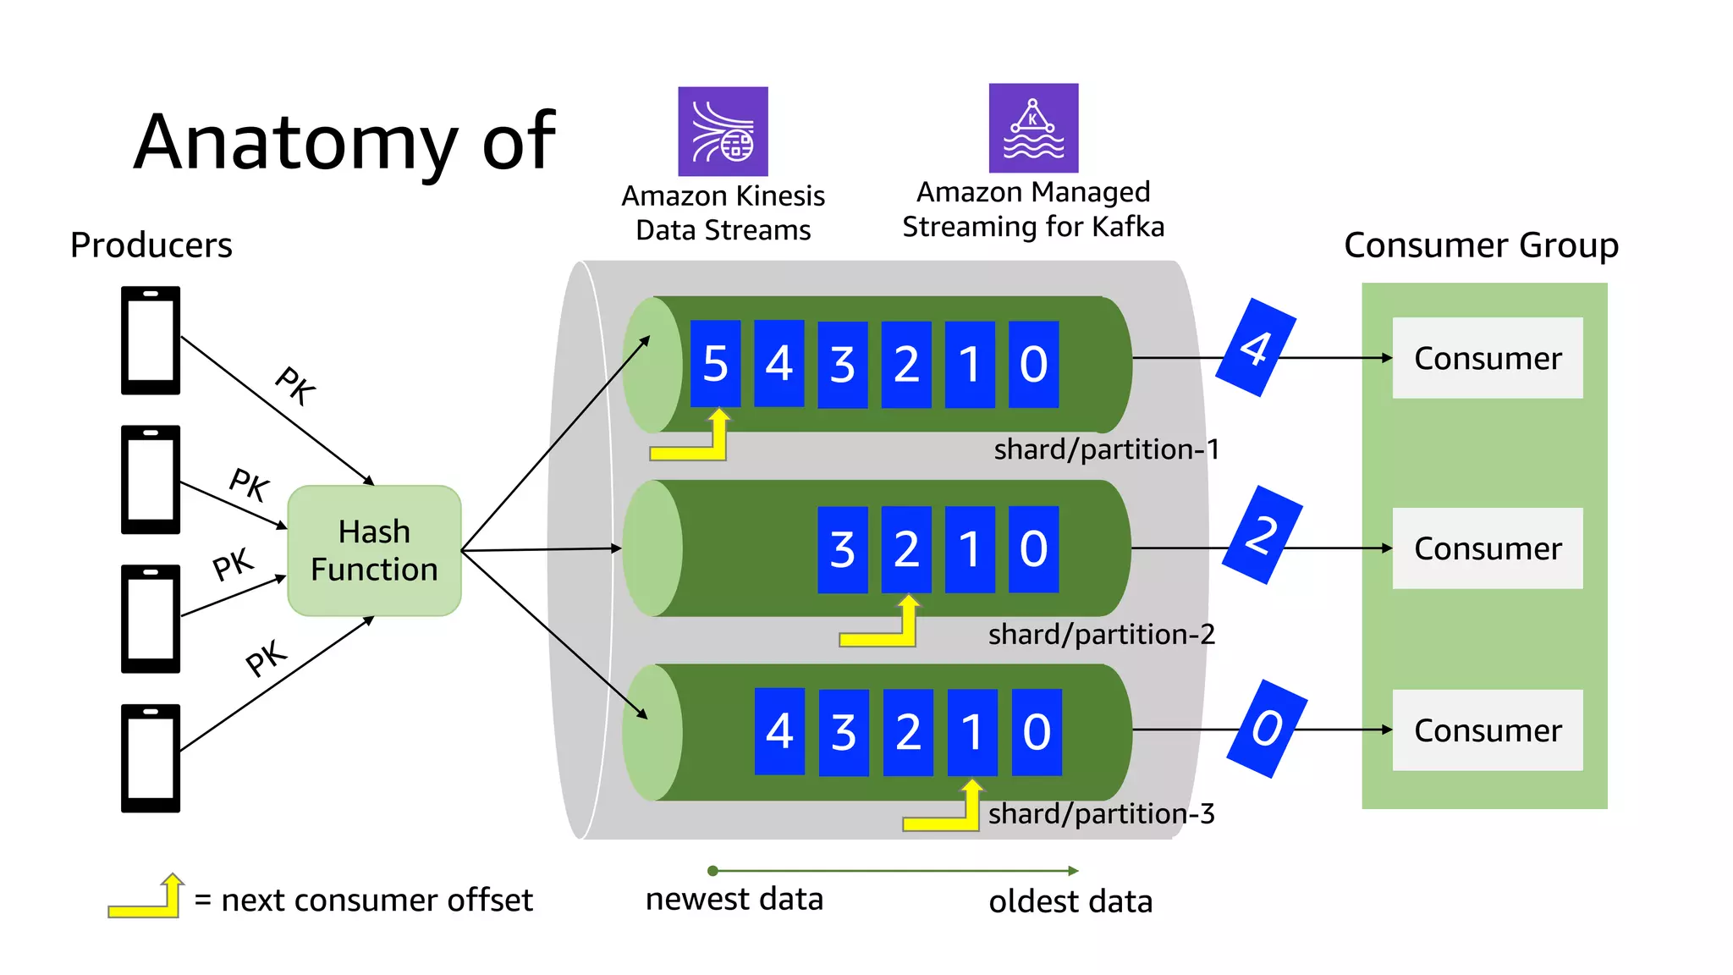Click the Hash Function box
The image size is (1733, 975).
(374, 550)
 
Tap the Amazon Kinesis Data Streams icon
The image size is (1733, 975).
(723, 131)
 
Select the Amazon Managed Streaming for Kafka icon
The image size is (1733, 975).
(1033, 128)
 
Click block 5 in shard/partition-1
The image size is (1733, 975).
(715, 364)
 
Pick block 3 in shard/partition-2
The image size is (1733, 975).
(842, 549)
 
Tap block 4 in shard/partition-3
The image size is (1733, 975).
(779, 731)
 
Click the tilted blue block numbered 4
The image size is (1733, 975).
(1256, 347)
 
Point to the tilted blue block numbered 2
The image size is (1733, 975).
(1263, 535)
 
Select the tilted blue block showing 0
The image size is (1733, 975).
(1267, 729)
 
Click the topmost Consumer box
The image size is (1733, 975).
(1487, 358)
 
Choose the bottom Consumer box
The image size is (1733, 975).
(1487, 730)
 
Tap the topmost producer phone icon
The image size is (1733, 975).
(151, 340)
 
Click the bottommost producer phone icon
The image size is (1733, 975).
(151, 757)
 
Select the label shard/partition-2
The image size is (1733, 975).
(1101, 634)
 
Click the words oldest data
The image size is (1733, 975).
(1070, 901)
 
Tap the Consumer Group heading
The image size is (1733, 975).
(1481, 245)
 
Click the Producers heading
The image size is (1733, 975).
(151, 245)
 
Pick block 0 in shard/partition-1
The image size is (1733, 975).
(1033, 364)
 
